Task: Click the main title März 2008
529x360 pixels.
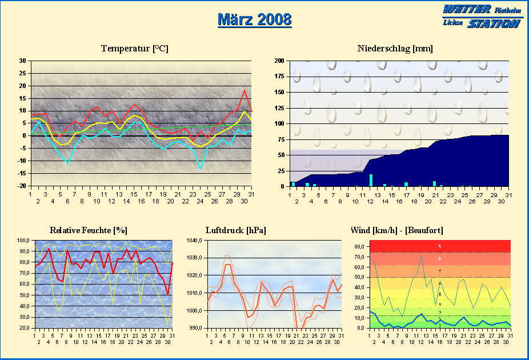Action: click(255, 19)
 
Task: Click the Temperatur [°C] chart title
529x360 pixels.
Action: click(135, 49)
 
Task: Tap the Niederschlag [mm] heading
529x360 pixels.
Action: click(395, 49)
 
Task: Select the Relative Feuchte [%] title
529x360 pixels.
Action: click(89, 230)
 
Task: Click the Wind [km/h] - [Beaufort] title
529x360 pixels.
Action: click(396, 230)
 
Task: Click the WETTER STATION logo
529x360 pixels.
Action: click(482, 16)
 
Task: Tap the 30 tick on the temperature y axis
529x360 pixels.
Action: click(22, 61)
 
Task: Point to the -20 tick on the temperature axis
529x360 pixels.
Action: click(22, 186)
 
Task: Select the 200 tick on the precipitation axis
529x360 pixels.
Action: click(280, 61)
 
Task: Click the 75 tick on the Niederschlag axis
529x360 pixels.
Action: click(282, 139)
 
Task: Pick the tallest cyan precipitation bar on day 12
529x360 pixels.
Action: click(371, 180)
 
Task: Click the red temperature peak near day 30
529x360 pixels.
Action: click(245, 90)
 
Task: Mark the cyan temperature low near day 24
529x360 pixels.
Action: click(201, 168)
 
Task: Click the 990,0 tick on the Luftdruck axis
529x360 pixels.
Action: click(197, 329)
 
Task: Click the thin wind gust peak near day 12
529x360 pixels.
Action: click(421, 256)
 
